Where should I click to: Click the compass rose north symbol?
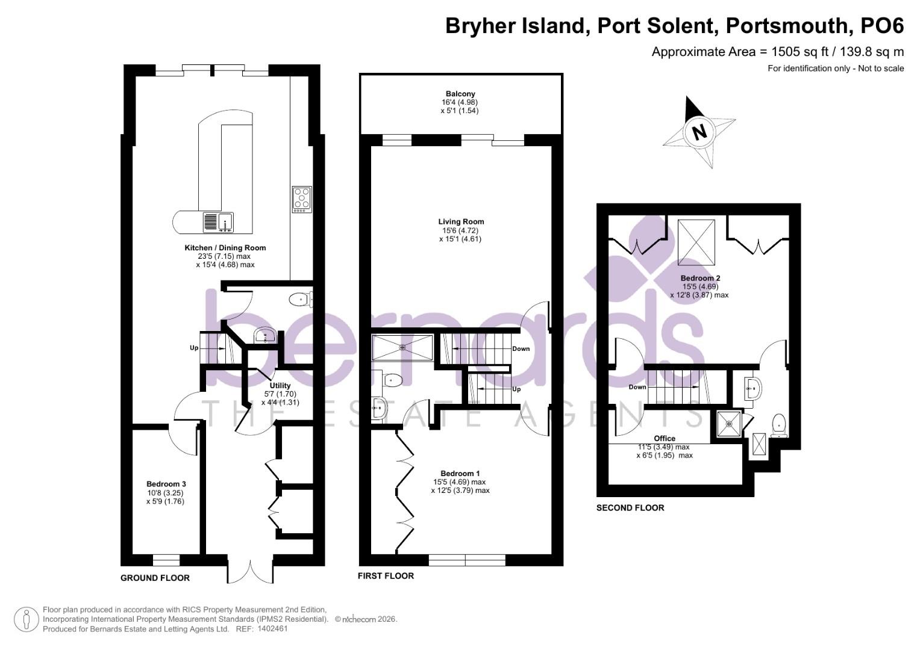tap(699, 131)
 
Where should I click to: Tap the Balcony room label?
tap(460, 94)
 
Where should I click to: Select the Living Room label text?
tap(460, 222)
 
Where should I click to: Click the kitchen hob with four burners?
tap(302, 199)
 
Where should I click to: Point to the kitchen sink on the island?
tap(219, 222)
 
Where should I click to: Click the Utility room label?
tap(280, 386)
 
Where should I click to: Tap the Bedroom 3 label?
tap(166, 484)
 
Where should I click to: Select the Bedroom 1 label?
tap(460, 474)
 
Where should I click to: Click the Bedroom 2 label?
tap(700, 279)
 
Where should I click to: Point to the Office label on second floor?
tap(665, 438)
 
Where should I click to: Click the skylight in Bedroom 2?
tap(696, 242)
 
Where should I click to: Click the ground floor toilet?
tap(300, 299)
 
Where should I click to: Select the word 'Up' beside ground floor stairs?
tap(194, 348)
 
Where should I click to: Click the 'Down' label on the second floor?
tap(637, 387)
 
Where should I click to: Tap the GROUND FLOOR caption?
tap(155, 578)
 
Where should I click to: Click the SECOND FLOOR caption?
tap(630, 507)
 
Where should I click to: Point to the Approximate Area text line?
tap(777, 52)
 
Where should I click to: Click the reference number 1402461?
tap(272, 628)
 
